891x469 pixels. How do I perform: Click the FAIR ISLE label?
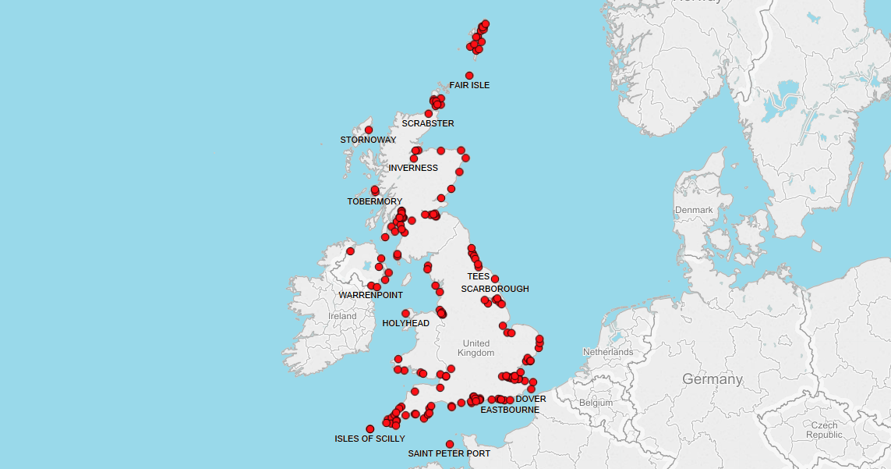[x=469, y=85]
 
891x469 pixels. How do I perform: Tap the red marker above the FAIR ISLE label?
[x=469, y=76]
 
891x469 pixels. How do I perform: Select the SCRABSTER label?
[x=428, y=123]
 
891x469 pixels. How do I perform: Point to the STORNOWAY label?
[x=368, y=140]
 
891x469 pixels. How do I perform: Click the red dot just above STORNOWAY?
[x=369, y=130]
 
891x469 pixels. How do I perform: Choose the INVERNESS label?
[x=413, y=168]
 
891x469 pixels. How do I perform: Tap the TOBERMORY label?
[x=375, y=201]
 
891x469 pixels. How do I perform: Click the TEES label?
[x=479, y=276]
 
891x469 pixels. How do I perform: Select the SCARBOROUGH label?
[x=495, y=289]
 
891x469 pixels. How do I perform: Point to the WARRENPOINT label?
[x=371, y=295]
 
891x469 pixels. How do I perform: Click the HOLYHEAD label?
[x=406, y=323]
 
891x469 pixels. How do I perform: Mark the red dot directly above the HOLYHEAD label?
[x=406, y=314]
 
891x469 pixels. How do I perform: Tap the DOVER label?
[x=531, y=399]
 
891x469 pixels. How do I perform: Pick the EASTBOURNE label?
[x=510, y=410]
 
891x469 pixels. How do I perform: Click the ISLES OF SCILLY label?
[x=370, y=439]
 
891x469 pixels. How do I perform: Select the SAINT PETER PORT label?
[x=450, y=453]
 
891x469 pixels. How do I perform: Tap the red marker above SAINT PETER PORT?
[x=450, y=445]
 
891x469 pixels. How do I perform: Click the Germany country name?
[x=712, y=379]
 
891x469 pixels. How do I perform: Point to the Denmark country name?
[x=694, y=210]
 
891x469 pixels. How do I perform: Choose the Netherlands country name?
[x=608, y=352]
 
